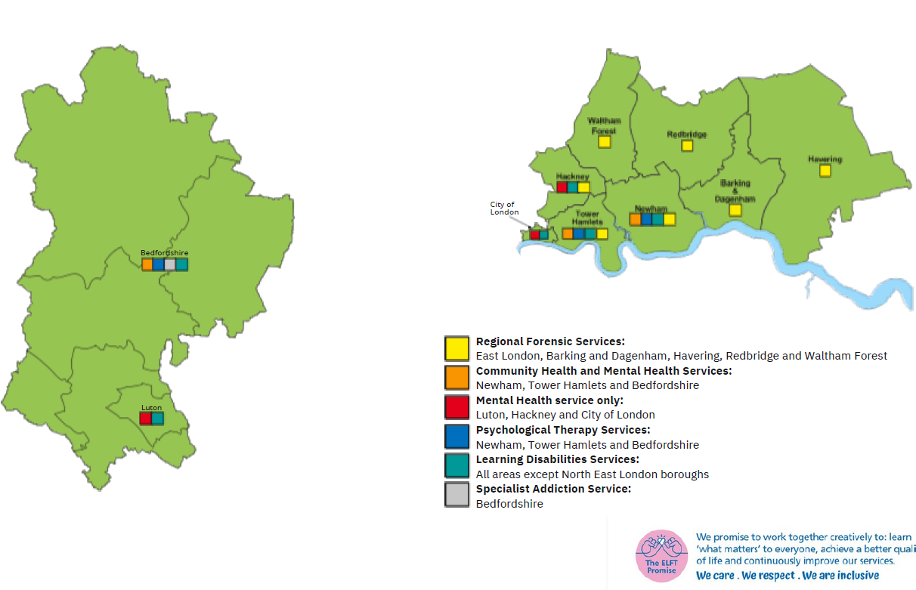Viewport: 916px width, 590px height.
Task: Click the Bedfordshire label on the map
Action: pyautogui.click(x=164, y=253)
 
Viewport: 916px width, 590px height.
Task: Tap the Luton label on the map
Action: pyautogui.click(x=151, y=408)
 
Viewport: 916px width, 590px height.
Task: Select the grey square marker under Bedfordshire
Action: pyautogui.click(x=170, y=264)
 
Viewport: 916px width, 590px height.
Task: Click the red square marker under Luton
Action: pyautogui.click(x=145, y=418)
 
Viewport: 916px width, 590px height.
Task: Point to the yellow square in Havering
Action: pyautogui.click(x=825, y=171)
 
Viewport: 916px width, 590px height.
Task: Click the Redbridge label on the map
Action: pyautogui.click(x=686, y=134)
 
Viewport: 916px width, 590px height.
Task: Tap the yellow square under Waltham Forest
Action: pyautogui.click(x=604, y=141)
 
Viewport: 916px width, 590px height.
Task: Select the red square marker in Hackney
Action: pyautogui.click(x=562, y=187)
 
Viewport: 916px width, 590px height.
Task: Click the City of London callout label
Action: pyautogui.click(x=504, y=209)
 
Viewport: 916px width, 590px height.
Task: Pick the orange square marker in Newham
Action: pyautogui.click(x=636, y=219)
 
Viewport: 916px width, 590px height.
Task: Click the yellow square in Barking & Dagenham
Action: pyautogui.click(x=735, y=210)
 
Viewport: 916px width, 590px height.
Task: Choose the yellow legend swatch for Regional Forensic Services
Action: pyautogui.click(x=456, y=348)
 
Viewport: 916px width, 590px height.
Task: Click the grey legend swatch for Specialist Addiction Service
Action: pyautogui.click(x=456, y=495)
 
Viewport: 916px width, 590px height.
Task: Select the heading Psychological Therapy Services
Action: pyautogui.click(x=562, y=430)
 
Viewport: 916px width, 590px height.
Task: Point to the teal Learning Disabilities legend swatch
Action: pyautogui.click(x=456, y=465)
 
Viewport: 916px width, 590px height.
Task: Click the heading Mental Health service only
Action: pyautogui.click(x=549, y=400)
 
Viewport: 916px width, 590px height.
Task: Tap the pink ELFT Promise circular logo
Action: pyautogui.click(x=661, y=555)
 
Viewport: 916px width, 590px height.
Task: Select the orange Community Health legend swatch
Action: pyautogui.click(x=456, y=377)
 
